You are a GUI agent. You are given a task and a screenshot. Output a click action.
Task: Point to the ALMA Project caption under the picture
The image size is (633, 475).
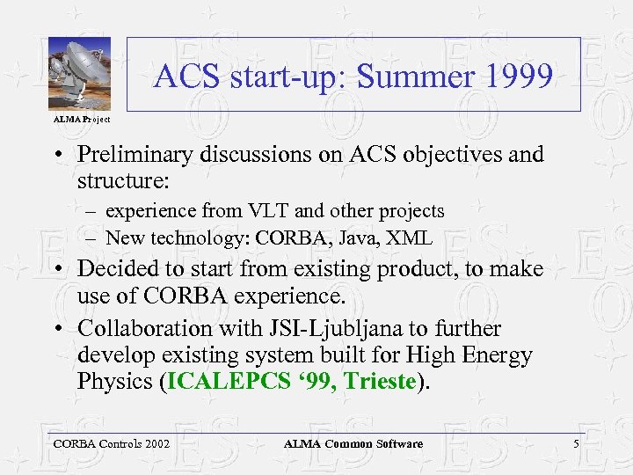pos(82,118)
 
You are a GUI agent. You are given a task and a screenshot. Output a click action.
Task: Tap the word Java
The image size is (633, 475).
pos(363,237)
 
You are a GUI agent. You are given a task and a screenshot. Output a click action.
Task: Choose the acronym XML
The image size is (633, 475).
pos(413,237)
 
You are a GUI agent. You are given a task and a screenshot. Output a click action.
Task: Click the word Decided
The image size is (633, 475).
pos(117,269)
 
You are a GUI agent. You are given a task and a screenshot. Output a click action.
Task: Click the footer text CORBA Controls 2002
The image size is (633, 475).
pos(111,444)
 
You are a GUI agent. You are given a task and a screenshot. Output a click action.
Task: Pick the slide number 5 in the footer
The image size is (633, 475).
pos(576,444)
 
